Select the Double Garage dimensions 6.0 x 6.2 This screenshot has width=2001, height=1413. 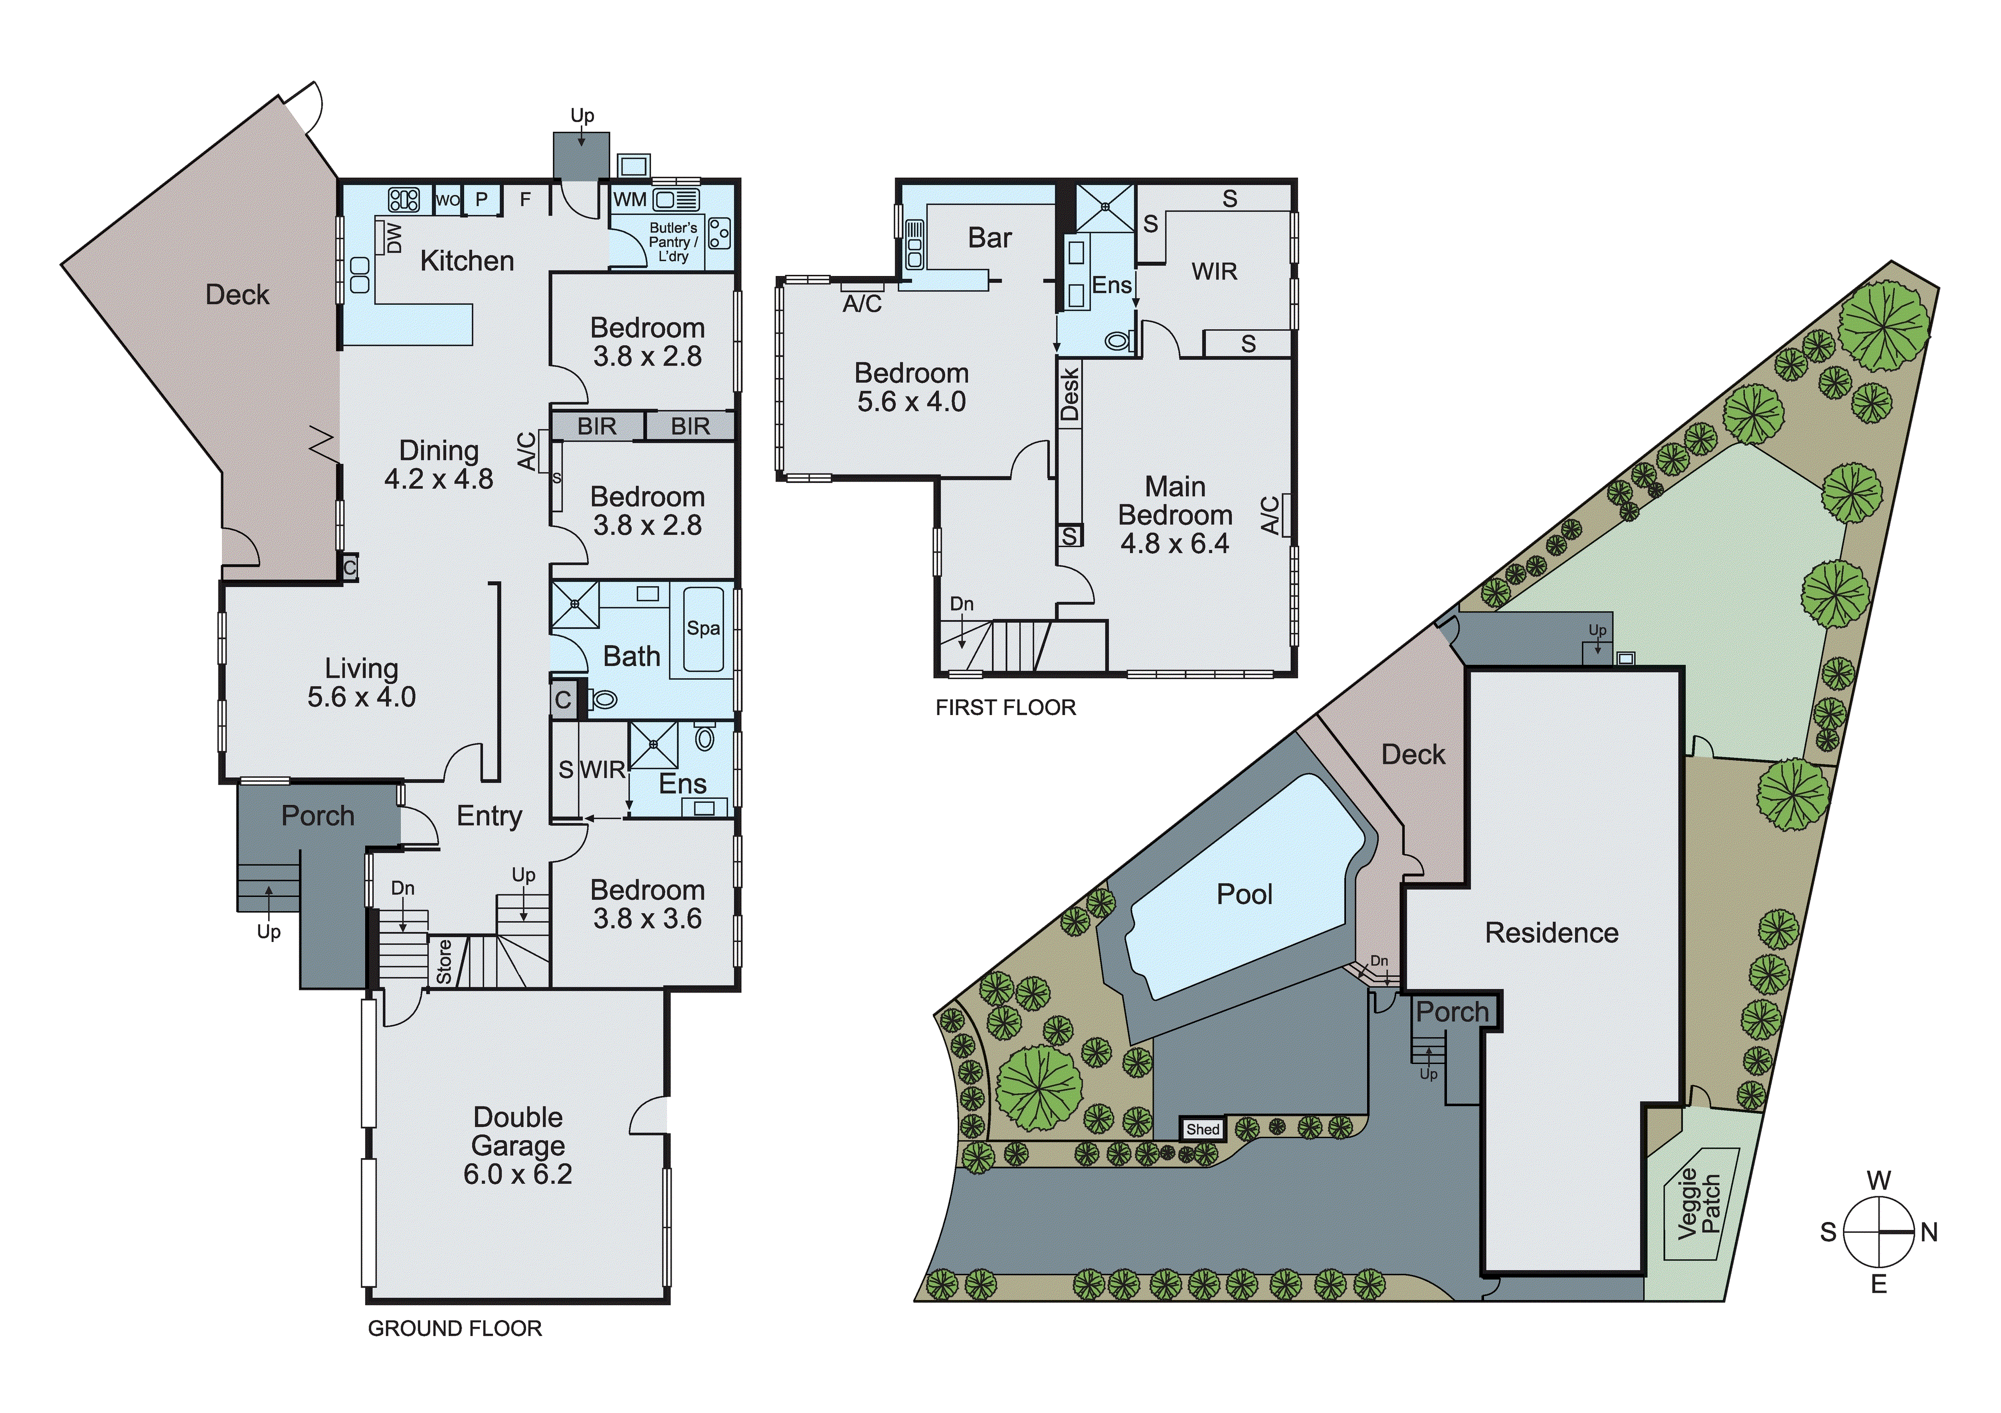pyautogui.click(x=518, y=1174)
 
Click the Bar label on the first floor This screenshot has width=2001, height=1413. pyautogui.click(x=990, y=238)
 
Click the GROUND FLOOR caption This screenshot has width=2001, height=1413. pyautogui.click(x=455, y=1329)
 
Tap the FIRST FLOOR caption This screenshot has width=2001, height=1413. pyautogui.click(x=1006, y=708)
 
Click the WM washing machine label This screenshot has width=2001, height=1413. pyautogui.click(x=629, y=200)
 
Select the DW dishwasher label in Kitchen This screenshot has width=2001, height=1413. pyautogui.click(x=394, y=238)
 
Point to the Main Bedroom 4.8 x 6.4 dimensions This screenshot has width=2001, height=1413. pyautogui.click(x=1175, y=543)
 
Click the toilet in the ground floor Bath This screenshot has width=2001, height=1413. pyautogui.click(x=603, y=699)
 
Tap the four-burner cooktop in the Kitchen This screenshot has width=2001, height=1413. pyautogui.click(x=403, y=200)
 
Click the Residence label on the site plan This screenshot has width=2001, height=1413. pyautogui.click(x=1551, y=933)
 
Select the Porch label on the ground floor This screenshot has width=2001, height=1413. pyautogui.click(x=318, y=816)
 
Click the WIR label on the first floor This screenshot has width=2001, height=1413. pyautogui.click(x=1214, y=272)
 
